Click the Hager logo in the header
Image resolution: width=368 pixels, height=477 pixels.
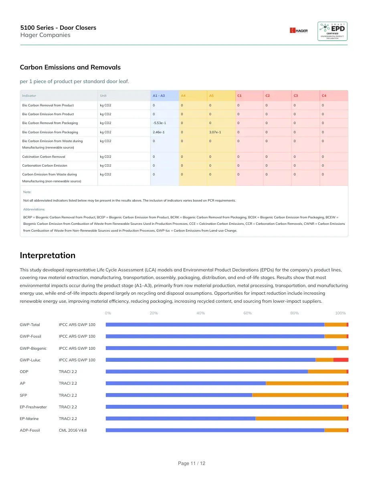coord(299,31)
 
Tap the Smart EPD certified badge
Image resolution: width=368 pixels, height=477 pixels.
coord(332,31)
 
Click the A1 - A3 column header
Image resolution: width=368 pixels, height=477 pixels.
coord(159,96)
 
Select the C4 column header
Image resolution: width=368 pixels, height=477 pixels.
coord(324,96)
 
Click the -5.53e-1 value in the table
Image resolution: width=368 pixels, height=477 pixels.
coord(160,123)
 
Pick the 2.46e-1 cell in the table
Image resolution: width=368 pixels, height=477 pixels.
coord(158,132)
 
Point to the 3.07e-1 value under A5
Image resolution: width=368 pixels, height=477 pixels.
coord(215,132)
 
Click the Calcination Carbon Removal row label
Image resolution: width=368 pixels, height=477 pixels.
coord(44,157)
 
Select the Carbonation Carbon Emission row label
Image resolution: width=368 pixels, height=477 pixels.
coord(44,165)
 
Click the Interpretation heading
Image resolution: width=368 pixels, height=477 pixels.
coord(48,255)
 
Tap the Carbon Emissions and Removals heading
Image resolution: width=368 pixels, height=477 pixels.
coord(70,67)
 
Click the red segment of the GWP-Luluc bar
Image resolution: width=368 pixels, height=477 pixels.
coord(341,360)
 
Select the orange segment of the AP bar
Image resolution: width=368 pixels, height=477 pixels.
coord(307,383)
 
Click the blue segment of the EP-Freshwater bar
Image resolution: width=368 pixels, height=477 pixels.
coord(224,407)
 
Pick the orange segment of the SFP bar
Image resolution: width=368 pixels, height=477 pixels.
coord(300,395)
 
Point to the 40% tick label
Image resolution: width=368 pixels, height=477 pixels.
coord(201,313)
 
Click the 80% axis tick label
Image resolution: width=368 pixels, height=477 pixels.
coord(295,313)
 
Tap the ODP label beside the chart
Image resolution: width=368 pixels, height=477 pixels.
coord(24,372)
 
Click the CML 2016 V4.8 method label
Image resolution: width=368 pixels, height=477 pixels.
coord(73,430)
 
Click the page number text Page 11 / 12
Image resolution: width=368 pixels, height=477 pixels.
coord(192,463)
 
